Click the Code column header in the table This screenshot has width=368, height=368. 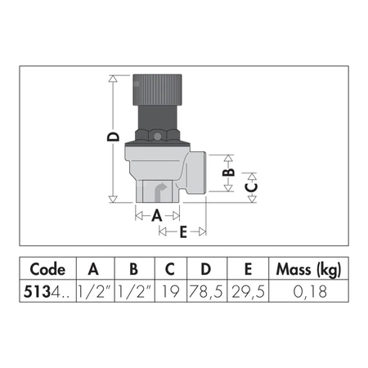click(47, 269)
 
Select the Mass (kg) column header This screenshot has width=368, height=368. click(307, 269)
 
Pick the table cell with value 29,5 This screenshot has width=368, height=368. click(247, 289)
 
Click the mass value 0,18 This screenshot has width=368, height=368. click(307, 289)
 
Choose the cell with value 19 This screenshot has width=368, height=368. click(169, 289)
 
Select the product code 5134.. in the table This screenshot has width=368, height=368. click(47, 289)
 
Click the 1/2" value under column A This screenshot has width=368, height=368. click(92, 289)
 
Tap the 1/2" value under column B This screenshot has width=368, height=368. click(133, 289)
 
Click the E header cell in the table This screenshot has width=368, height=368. click(247, 269)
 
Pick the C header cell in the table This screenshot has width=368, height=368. click(169, 269)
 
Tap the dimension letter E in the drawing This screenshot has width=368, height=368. click(182, 232)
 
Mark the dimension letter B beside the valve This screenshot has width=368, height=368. click(231, 172)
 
